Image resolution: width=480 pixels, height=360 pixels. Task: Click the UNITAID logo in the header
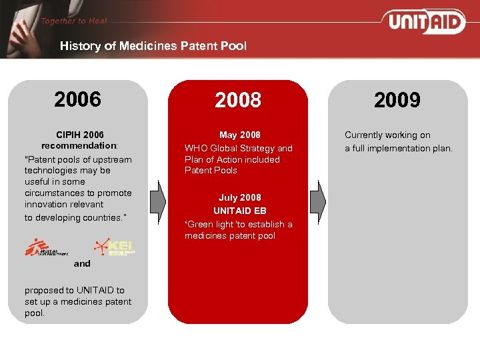[424, 21]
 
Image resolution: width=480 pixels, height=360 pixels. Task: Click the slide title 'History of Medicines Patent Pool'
[153, 46]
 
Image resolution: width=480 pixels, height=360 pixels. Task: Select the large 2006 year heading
[78, 100]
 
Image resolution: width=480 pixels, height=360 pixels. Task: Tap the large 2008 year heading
[238, 101]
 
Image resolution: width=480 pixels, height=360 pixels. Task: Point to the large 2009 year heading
[397, 101]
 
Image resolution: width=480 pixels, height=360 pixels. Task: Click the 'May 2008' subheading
[239, 135]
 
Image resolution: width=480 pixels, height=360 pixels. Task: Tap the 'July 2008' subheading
[239, 197]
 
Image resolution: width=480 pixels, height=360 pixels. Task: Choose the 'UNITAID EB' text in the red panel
[239, 211]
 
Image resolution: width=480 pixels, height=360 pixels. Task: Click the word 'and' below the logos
[82, 264]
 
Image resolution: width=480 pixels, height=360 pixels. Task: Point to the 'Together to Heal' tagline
[73, 21]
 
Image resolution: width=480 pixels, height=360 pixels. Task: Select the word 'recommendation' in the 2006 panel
[79, 145]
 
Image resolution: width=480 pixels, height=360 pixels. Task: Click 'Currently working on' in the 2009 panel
[387, 135]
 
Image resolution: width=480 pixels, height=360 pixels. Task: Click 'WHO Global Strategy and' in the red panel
[238, 149]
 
